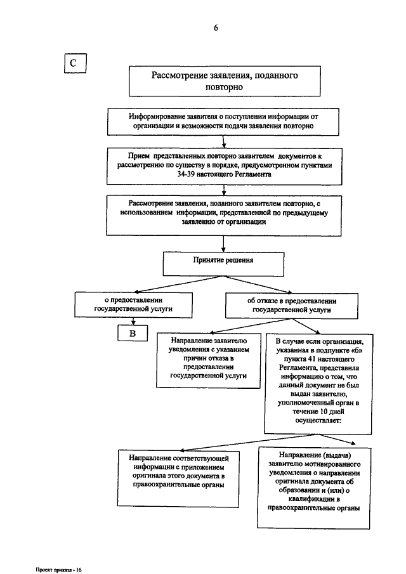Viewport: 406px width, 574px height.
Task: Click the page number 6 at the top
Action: pos(216,28)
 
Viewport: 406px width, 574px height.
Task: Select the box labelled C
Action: pos(75,63)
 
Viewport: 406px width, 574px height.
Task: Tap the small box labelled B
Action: pos(133,333)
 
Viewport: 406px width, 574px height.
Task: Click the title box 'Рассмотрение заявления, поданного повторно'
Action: pos(225,81)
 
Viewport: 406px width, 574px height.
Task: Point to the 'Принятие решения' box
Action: pos(223,264)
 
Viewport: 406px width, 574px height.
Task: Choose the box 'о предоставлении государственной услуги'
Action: pos(134,304)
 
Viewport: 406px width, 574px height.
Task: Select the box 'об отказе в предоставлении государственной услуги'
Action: pos(292,306)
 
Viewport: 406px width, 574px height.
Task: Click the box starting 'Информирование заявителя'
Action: pos(223,122)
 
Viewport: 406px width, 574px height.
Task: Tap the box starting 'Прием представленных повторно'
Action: pos(225,166)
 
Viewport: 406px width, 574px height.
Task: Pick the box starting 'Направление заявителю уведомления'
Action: pos(208,360)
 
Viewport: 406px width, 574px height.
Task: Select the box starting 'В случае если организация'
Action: pos(318,384)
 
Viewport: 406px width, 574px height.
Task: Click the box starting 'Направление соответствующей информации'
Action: pos(178,478)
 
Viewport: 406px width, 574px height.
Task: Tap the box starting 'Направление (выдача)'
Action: pos(314,487)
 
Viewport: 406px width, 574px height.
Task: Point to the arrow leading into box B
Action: pos(134,321)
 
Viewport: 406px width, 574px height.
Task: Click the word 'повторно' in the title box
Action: pos(224,88)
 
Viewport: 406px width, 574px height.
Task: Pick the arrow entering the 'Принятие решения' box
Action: pos(223,244)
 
